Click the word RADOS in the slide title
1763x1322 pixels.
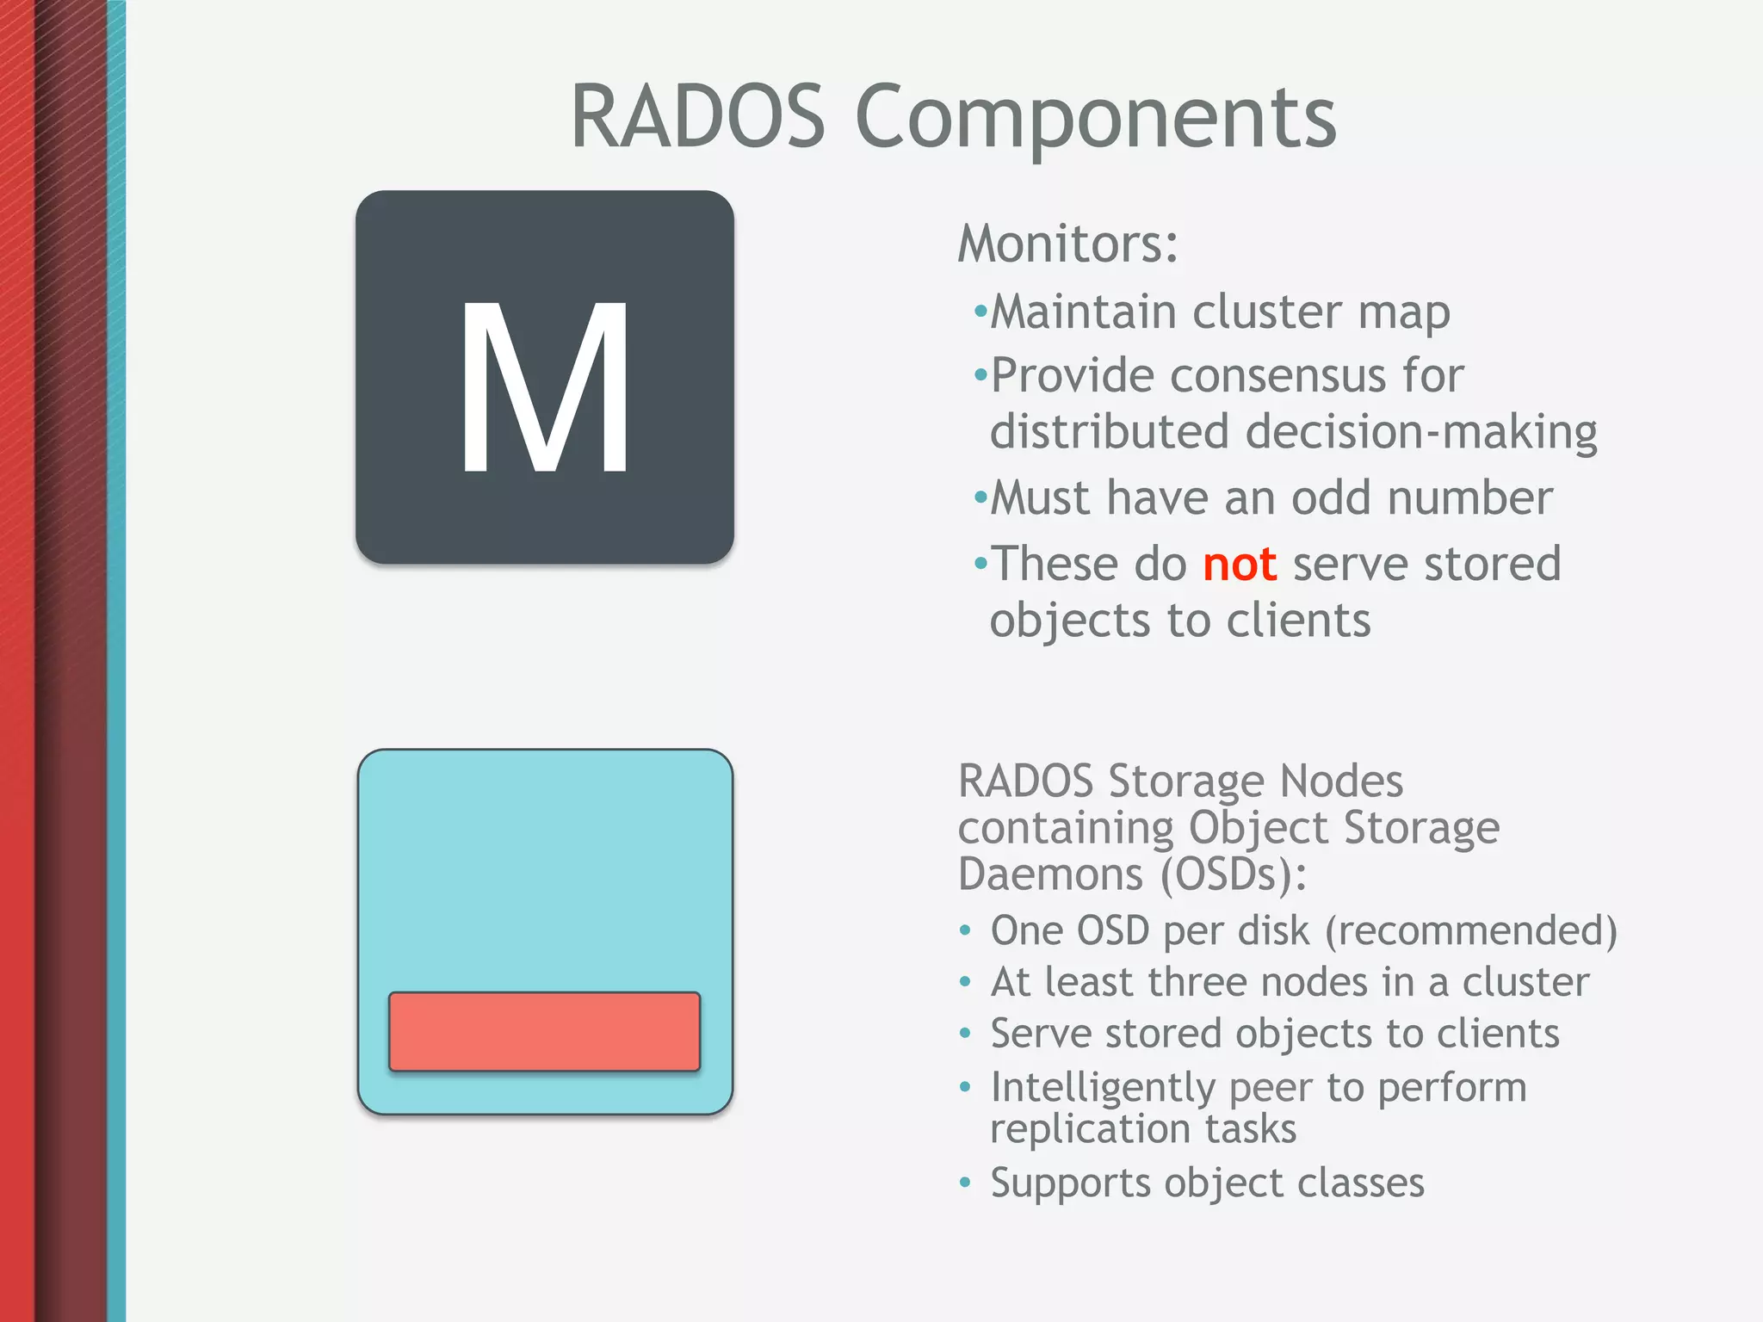click(698, 116)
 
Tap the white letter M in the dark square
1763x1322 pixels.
click(544, 387)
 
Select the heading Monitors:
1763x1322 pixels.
click(1067, 244)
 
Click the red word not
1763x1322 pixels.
click(1239, 565)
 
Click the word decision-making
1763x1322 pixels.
click(1421, 431)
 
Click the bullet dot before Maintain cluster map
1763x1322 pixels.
click(980, 311)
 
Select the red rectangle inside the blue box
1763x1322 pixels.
click(544, 1031)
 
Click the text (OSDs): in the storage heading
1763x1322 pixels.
click(1233, 874)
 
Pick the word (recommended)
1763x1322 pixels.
click(1471, 931)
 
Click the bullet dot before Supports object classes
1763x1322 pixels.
click(965, 1183)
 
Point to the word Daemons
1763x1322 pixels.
click(1051, 874)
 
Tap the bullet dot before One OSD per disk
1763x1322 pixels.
click(965, 931)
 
